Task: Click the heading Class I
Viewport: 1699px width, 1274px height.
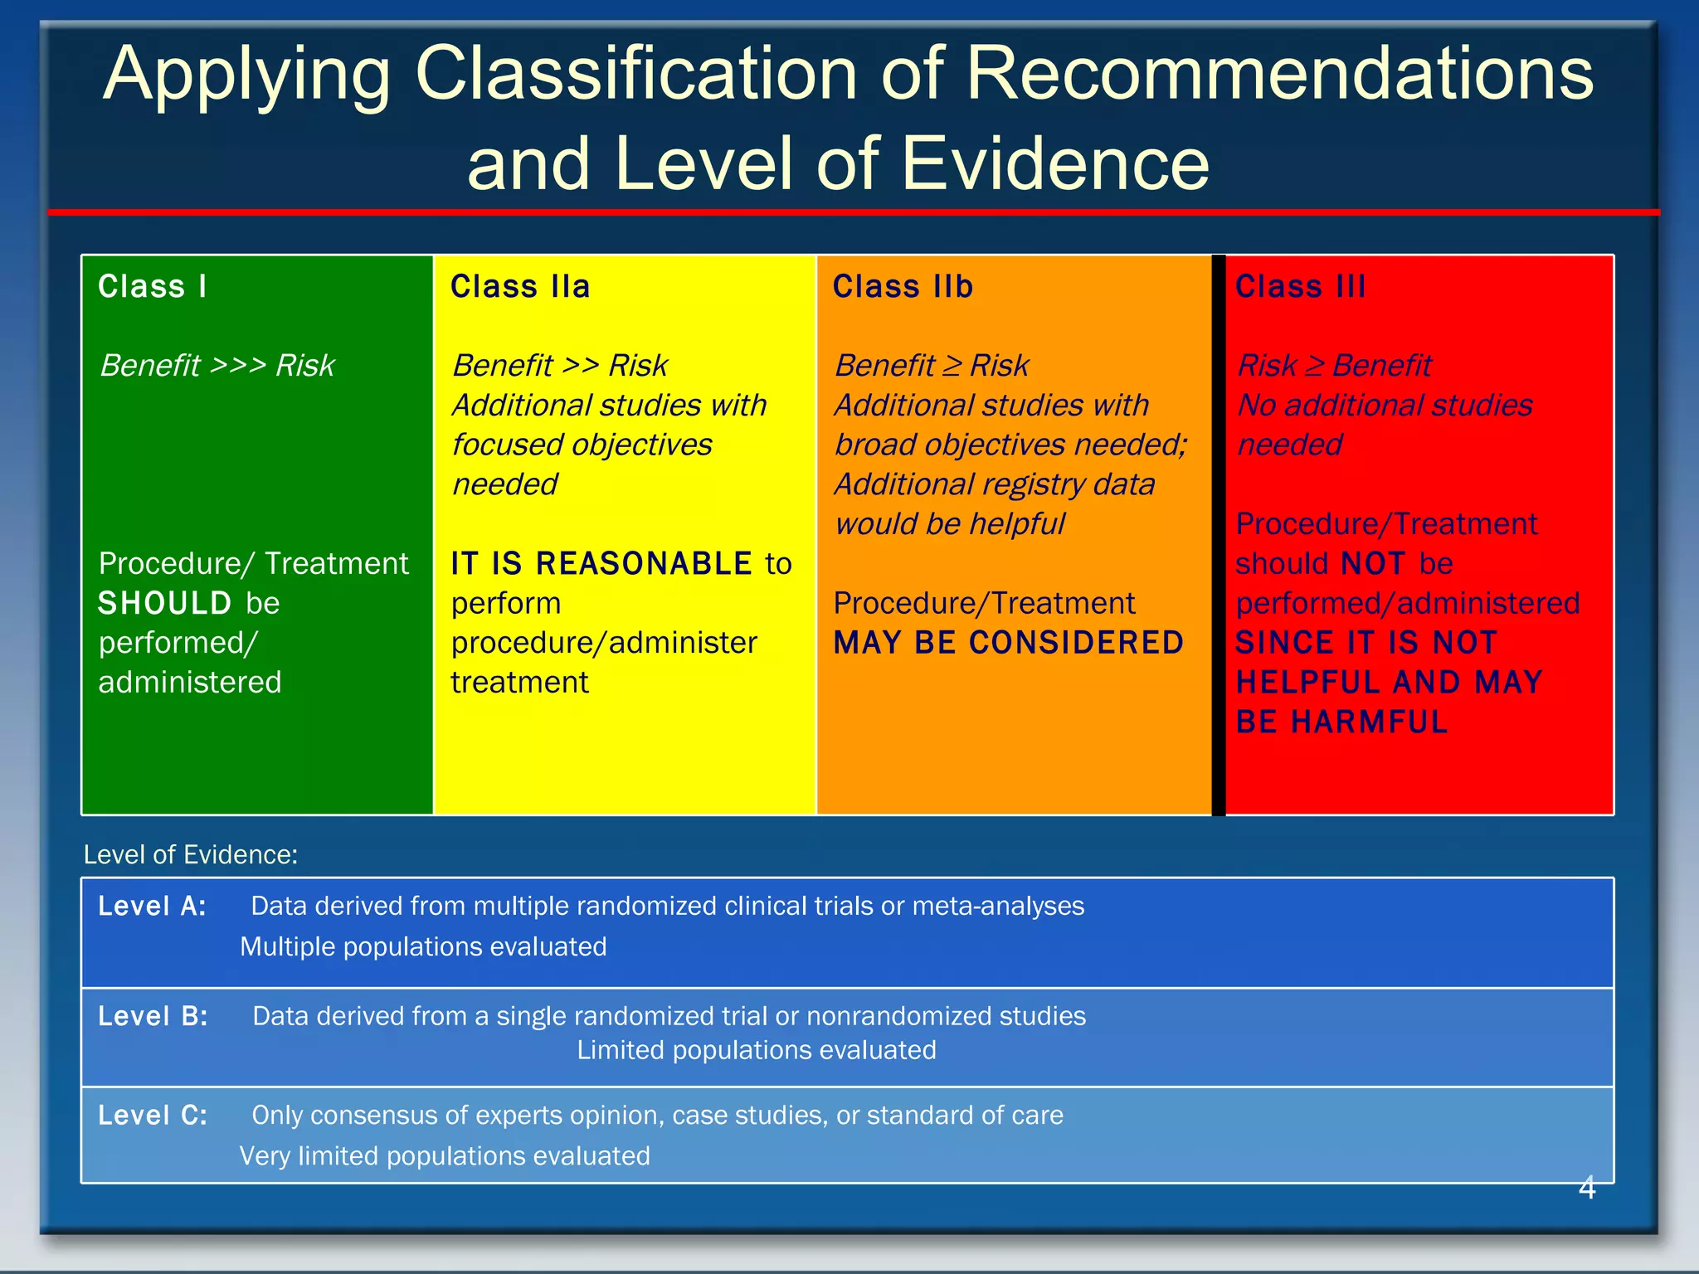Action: tap(153, 287)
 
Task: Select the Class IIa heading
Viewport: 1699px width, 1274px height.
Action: tap(520, 287)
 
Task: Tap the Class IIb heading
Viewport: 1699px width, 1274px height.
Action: tap(903, 287)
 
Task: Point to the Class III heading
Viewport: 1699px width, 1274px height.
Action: tap(1300, 287)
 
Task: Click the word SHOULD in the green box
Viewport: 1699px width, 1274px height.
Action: tap(164, 603)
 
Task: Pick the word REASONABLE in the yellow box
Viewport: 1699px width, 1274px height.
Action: tap(644, 564)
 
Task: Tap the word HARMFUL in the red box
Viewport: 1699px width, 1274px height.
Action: tap(1369, 722)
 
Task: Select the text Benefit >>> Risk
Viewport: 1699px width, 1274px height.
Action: tap(217, 366)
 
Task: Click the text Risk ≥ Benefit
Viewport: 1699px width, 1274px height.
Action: tap(1334, 366)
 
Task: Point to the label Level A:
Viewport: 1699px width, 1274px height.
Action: tap(152, 907)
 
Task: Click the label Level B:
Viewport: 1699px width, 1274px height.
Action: tap(153, 1017)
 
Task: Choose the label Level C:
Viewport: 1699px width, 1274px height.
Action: tap(153, 1116)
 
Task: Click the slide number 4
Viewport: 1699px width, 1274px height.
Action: tap(1586, 1189)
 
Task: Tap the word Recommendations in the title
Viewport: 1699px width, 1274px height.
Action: tap(1279, 75)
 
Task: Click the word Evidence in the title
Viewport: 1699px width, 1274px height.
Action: tap(1055, 164)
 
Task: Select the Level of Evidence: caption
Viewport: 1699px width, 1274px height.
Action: tap(191, 855)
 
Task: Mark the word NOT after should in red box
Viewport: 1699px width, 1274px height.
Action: tap(1372, 564)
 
